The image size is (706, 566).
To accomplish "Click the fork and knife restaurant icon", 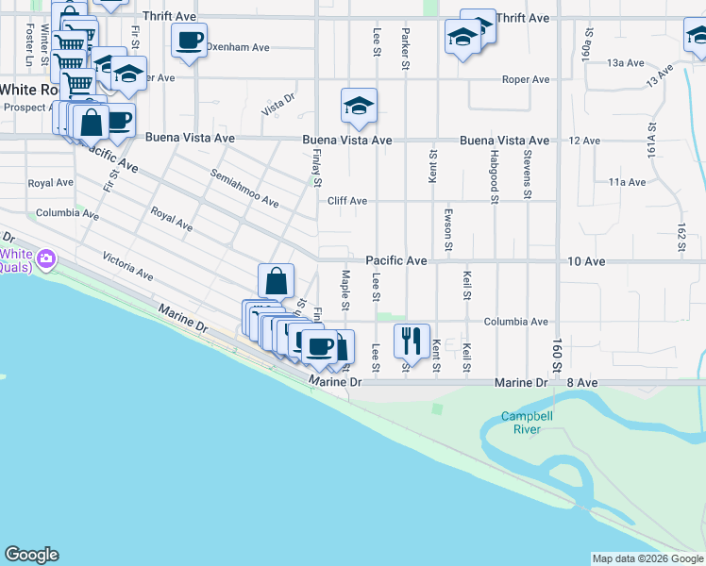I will click(412, 341).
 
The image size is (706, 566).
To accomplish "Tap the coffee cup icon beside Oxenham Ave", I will click(189, 41).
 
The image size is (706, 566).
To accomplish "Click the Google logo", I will click(31, 555).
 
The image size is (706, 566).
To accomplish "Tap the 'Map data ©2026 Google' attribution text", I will click(647, 558).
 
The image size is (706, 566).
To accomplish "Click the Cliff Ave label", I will click(346, 201).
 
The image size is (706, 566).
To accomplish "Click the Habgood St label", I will click(494, 175).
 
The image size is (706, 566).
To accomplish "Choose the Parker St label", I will click(405, 49).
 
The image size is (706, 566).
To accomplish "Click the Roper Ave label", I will click(526, 79).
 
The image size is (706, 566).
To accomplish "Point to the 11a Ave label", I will click(627, 181).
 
